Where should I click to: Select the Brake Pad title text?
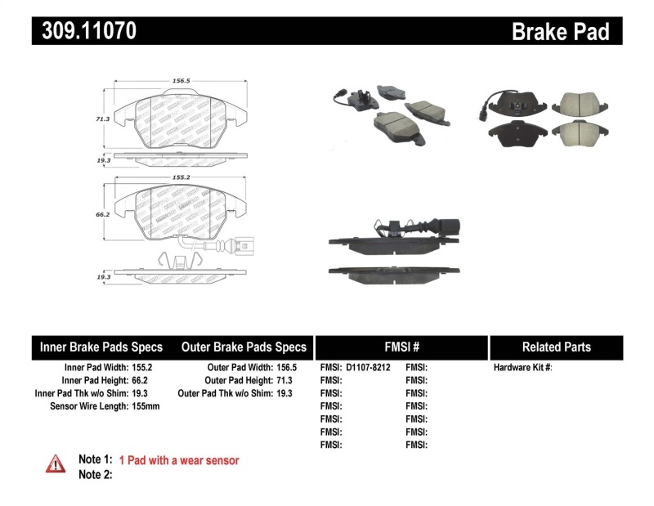click(560, 31)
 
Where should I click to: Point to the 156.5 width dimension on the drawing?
click(181, 81)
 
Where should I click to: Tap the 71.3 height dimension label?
click(101, 119)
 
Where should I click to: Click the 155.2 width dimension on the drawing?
click(181, 176)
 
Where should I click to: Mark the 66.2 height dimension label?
click(101, 215)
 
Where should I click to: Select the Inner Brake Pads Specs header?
click(101, 347)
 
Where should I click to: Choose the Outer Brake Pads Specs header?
click(244, 347)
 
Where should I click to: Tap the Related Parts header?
click(556, 347)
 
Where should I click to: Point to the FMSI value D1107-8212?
click(369, 367)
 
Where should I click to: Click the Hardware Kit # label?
click(523, 367)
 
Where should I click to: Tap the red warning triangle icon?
click(55, 463)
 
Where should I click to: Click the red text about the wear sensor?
click(179, 460)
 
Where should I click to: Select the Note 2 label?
click(95, 474)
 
